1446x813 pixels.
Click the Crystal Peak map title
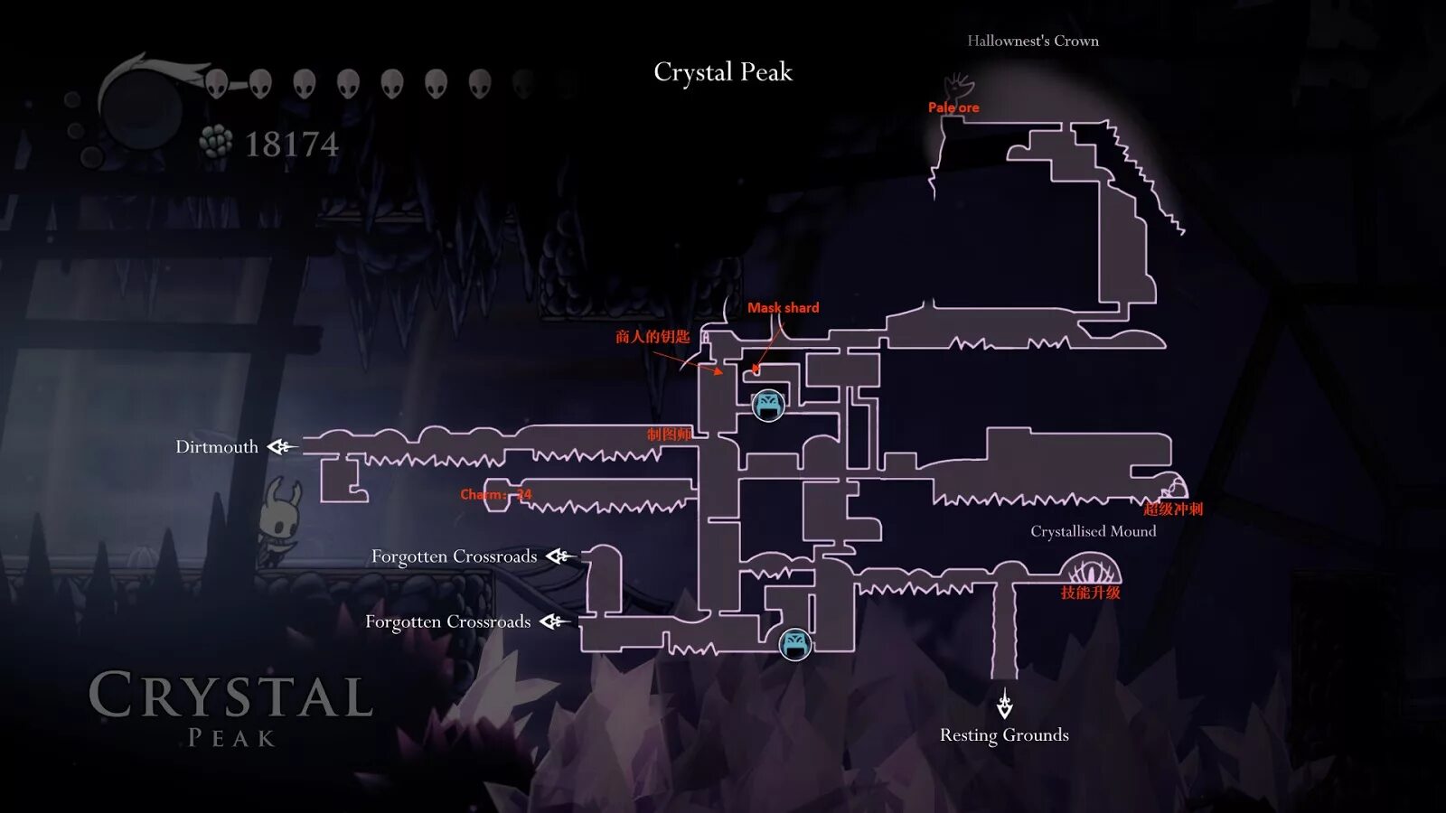coord(722,72)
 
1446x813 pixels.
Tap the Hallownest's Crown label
coord(1032,41)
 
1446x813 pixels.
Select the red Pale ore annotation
coord(953,107)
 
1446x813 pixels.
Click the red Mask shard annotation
coord(783,308)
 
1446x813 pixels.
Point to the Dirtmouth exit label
coord(217,447)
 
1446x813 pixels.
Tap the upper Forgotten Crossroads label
coord(454,556)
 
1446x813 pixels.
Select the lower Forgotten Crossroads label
coord(447,621)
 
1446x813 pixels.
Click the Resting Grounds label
coord(1004,735)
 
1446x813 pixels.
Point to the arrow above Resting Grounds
coord(1004,703)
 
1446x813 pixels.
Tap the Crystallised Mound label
coord(1093,531)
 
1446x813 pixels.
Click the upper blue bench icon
coord(768,406)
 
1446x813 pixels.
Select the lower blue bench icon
coord(795,644)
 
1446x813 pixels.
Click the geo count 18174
coord(291,145)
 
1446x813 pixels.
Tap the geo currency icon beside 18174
coord(215,142)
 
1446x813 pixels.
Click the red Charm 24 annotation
coord(495,494)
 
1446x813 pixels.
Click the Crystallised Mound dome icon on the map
coord(1094,571)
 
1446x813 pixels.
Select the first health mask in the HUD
coord(216,84)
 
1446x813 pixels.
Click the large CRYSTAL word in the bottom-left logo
coord(230,696)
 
